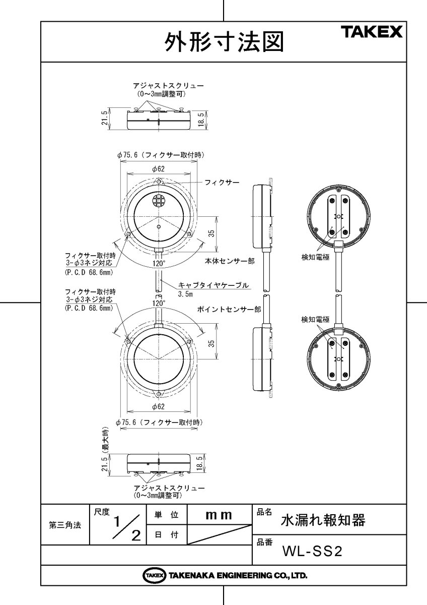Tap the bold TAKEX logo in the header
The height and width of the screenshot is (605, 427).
click(373, 33)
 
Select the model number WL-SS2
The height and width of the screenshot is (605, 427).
click(312, 552)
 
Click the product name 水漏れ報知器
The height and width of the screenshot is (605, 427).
click(322, 520)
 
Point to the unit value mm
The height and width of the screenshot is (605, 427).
click(219, 515)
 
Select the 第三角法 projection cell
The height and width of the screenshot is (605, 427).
click(64, 525)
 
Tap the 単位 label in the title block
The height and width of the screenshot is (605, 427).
click(166, 515)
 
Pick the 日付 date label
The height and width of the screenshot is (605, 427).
click(166, 535)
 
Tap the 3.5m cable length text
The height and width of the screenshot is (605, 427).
click(186, 293)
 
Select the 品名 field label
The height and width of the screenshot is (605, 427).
click(264, 512)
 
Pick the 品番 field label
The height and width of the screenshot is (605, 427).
click(264, 542)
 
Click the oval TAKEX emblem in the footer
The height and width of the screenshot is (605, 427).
click(154, 575)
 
